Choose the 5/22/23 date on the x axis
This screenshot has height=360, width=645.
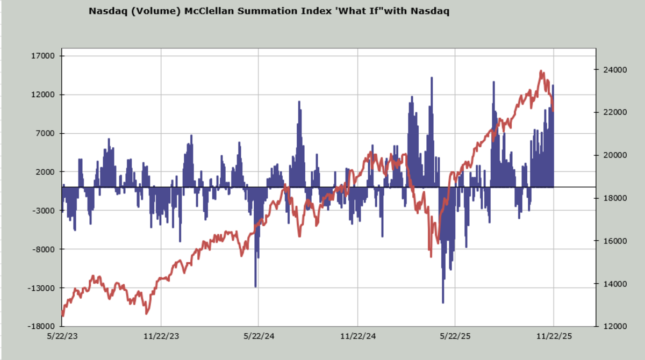(x=62, y=336)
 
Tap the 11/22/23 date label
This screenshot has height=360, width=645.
(x=161, y=336)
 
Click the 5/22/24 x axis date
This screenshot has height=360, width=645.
(x=259, y=336)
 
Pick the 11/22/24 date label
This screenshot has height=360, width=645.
(x=357, y=336)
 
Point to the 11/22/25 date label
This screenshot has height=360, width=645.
(x=554, y=336)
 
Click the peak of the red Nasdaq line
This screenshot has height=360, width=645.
(x=541, y=71)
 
